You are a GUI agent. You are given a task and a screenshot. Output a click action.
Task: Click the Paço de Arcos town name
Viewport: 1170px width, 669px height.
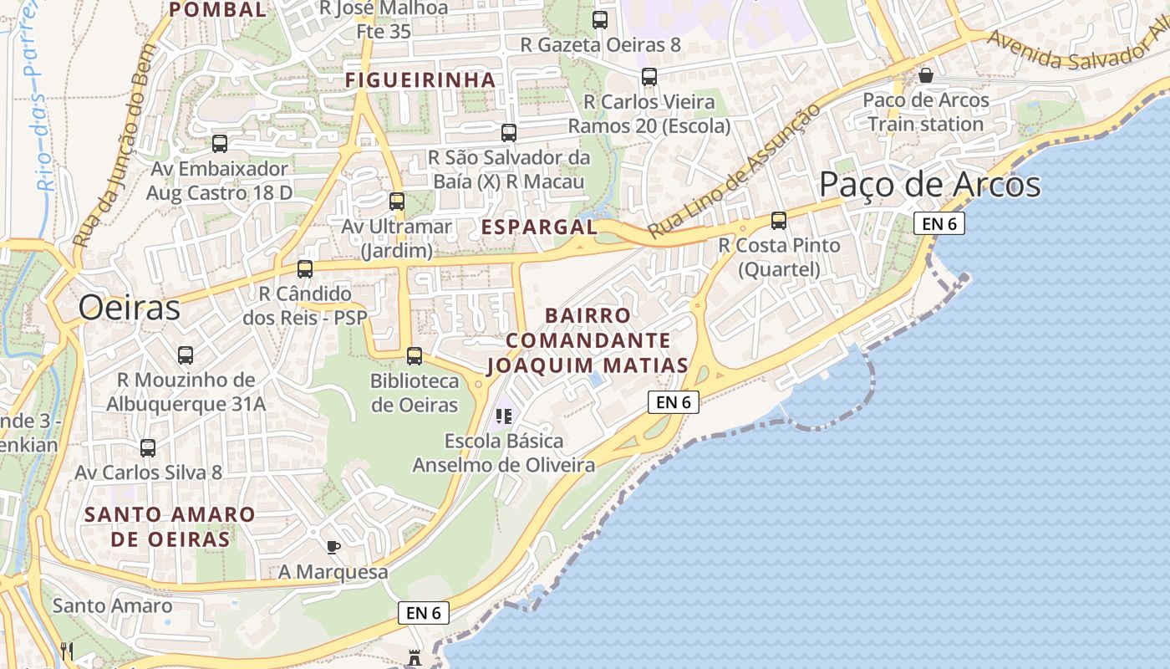[x=929, y=185]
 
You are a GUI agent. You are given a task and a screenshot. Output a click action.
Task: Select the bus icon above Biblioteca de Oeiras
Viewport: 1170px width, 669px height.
[x=415, y=356]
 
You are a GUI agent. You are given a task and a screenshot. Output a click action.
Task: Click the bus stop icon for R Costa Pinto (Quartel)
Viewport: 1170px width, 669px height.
[x=779, y=221]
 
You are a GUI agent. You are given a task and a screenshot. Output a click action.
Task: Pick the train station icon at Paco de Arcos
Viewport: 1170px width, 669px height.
[x=926, y=76]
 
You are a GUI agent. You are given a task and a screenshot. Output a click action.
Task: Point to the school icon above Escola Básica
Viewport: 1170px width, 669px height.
[x=503, y=416]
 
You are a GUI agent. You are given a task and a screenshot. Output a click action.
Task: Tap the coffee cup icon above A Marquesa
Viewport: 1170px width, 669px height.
[x=333, y=548]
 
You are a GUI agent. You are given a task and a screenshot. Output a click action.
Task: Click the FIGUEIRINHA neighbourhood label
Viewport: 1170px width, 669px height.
[x=421, y=80]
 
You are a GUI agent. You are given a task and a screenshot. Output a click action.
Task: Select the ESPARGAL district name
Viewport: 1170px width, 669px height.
[x=539, y=227]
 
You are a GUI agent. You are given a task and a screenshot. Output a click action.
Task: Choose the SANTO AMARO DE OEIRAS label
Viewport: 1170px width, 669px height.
[x=170, y=526]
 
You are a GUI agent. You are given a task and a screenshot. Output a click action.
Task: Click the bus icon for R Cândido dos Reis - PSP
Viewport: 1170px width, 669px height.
[x=305, y=269]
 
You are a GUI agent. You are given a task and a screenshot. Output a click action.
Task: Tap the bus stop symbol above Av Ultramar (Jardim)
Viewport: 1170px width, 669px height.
[x=397, y=202]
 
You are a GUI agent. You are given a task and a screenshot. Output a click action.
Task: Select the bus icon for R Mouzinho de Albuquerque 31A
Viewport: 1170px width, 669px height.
[x=186, y=355]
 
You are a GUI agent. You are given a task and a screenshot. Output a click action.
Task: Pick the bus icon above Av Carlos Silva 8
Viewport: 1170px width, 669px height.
[x=148, y=448]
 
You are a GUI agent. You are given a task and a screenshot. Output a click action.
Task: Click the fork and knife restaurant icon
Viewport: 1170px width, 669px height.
[x=67, y=651]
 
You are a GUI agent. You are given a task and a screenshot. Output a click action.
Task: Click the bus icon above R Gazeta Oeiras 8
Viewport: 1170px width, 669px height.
[x=600, y=20]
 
